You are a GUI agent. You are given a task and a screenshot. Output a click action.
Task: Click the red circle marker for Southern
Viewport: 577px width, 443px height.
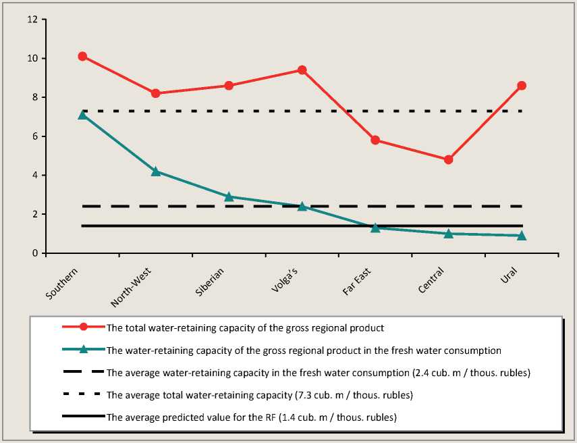click(82, 56)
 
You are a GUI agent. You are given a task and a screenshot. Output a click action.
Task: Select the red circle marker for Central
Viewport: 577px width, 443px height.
click(448, 160)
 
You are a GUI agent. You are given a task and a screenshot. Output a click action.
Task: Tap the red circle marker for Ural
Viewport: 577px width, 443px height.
click(522, 86)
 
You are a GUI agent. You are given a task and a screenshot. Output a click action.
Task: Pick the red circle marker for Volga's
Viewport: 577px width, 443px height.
click(302, 70)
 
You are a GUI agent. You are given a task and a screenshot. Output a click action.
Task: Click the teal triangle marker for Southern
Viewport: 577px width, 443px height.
click(82, 115)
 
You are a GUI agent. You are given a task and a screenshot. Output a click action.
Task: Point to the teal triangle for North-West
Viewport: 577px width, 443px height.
click(156, 172)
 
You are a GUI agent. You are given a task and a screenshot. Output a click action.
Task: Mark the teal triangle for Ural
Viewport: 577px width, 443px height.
click(522, 236)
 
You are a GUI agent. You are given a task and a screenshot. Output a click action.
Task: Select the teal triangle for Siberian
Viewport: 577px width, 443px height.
click(229, 197)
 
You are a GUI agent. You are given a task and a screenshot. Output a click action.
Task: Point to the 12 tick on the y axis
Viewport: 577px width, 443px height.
click(32, 20)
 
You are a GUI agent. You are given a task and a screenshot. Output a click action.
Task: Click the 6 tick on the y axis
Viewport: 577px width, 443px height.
click(34, 136)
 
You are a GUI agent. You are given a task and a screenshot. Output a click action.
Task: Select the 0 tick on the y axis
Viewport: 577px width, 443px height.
click(34, 253)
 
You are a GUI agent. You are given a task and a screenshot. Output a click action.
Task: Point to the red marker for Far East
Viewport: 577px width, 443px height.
click(375, 140)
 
